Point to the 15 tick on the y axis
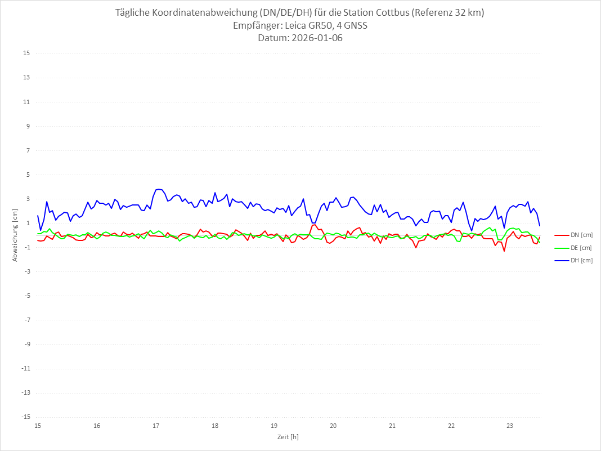coord(26,53)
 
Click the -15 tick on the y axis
coord(25,417)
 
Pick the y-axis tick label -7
coord(26,320)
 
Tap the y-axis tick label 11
coord(26,102)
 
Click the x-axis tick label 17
coord(156,426)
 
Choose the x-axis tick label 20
coord(333,426)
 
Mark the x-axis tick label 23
coord(510,426)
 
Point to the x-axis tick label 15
coord(38,426)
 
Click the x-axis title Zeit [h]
coord(288,436)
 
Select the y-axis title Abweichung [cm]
coord(15,235)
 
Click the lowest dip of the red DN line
coord(504,251)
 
